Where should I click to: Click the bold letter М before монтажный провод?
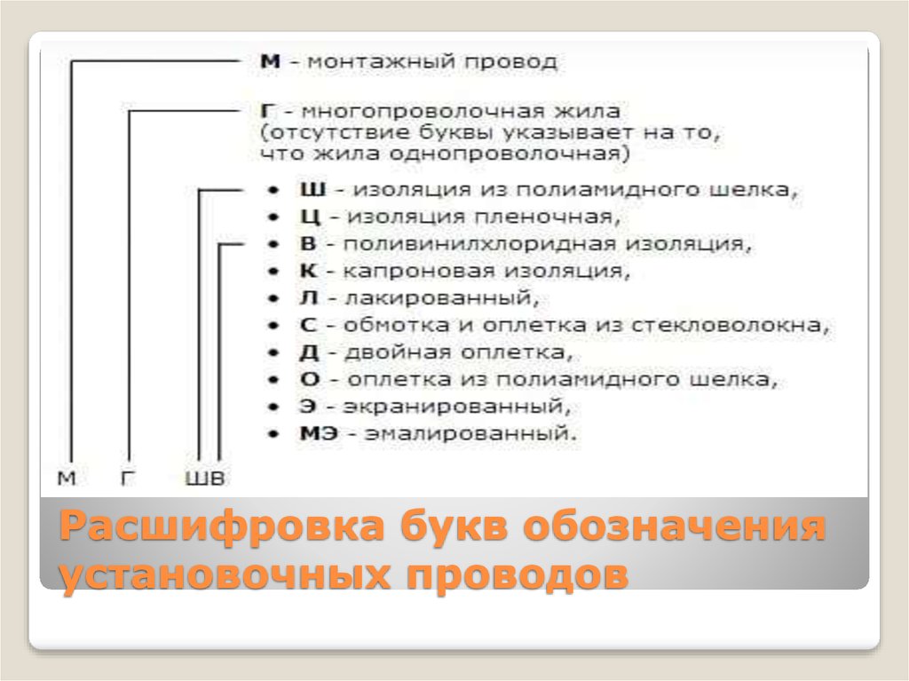pos(270,61)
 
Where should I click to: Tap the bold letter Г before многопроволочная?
pos(267,111)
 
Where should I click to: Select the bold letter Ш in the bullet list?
pos(312,190)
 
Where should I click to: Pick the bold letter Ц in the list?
pos(310,218)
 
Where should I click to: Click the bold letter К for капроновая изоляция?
pos(308,271)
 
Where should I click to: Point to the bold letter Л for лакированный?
pos(308,298)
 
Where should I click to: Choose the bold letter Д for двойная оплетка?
pos(309,352)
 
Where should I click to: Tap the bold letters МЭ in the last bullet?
pos(319,433)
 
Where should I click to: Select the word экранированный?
pos(456,407)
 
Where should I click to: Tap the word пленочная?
pos(547,218)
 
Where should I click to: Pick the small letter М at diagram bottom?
pos(67,479)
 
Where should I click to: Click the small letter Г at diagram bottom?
pos(128,479)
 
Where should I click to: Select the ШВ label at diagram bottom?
pos(205,479)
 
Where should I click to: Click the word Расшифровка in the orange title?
pos(222,527)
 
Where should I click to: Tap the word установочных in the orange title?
pos(225,575)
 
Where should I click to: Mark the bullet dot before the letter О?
pos(273,380)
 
